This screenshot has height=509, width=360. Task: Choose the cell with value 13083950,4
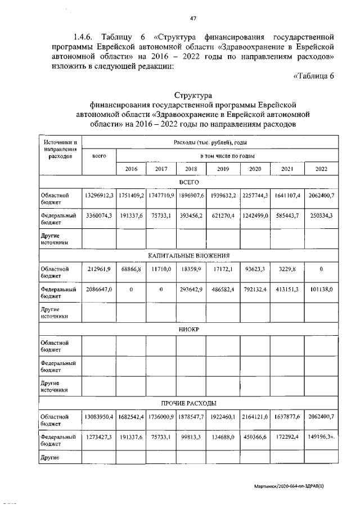pyautogui.click(x=99, y=417)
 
